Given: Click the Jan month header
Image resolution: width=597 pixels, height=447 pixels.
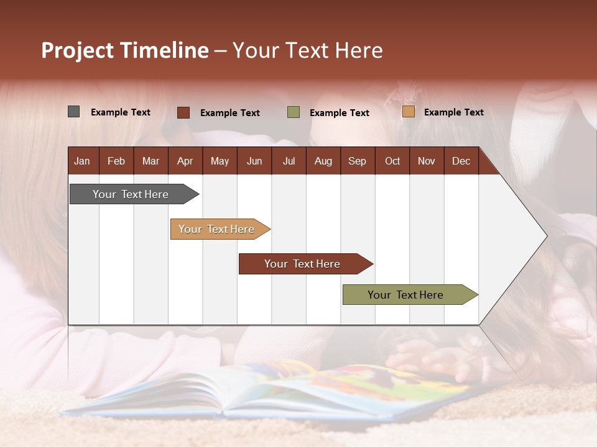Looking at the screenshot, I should [x=83, y=161].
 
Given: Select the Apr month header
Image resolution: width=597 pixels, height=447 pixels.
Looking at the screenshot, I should [x=185, y=161].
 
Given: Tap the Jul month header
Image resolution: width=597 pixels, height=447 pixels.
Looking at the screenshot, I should [x=289, y=161].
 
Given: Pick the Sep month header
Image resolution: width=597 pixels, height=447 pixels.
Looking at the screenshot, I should [x=357, y=161].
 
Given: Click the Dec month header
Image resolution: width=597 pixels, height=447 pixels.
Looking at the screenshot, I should [x=461, y=161].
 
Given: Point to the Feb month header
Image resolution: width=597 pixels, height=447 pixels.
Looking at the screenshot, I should [x=116, y=161].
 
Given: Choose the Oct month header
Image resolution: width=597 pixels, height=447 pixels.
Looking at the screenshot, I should [x=392, y=161].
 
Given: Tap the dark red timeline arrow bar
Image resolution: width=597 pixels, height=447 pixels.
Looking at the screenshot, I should [x=303, y=264].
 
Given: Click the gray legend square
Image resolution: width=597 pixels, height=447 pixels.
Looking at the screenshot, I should [x=73, y=112].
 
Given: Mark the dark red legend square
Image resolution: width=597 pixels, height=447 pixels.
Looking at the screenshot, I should [x=183, y=112].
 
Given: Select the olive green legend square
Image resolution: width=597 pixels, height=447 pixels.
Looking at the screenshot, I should [x=294, y=112].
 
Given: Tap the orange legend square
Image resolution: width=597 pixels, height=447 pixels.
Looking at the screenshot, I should [x=408, y=112].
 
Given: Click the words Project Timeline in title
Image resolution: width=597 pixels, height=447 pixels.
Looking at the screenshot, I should [x=125, y=50].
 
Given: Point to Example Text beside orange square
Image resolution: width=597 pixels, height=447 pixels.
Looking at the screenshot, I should [x=453, y=112].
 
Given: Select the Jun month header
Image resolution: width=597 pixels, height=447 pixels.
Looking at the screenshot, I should [x=254, y=161].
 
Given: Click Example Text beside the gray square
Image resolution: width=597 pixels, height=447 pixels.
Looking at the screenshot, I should [x=121, y=112].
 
